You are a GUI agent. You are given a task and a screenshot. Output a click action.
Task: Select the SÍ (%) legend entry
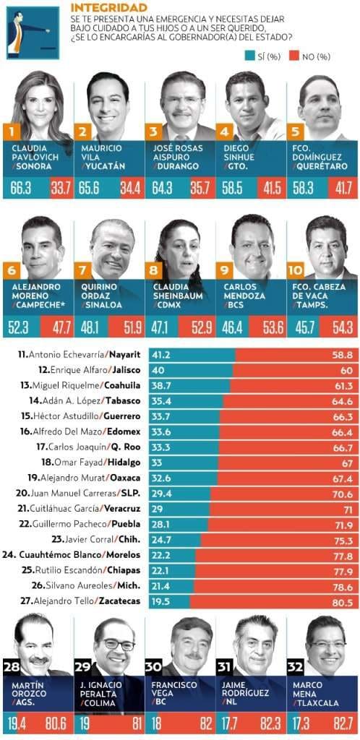click(263, 56)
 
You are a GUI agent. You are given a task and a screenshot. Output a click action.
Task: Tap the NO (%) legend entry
click(310, 56)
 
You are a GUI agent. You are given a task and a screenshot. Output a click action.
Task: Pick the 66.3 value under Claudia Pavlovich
click(21, 189)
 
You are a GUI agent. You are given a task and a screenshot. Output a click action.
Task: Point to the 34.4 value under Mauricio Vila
click(132, 189)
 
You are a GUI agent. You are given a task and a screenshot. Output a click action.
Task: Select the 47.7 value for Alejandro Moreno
click(61, 327)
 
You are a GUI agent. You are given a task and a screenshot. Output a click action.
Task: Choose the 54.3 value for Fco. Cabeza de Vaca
click(343, 327)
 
